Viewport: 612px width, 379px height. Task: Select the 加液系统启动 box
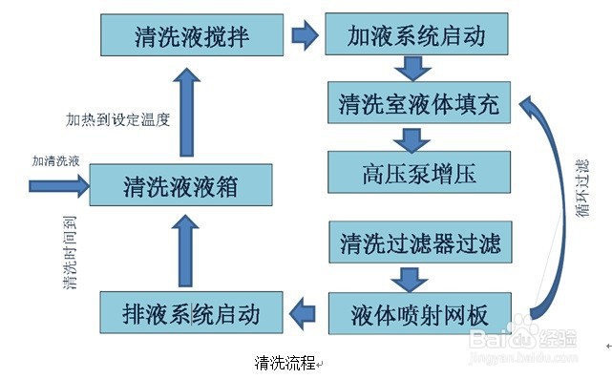pos(418,35)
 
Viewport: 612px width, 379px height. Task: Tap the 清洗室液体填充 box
pos(418,104)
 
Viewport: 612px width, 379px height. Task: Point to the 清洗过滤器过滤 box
pos(418,242)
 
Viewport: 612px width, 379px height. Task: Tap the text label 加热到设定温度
pos(117,119)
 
